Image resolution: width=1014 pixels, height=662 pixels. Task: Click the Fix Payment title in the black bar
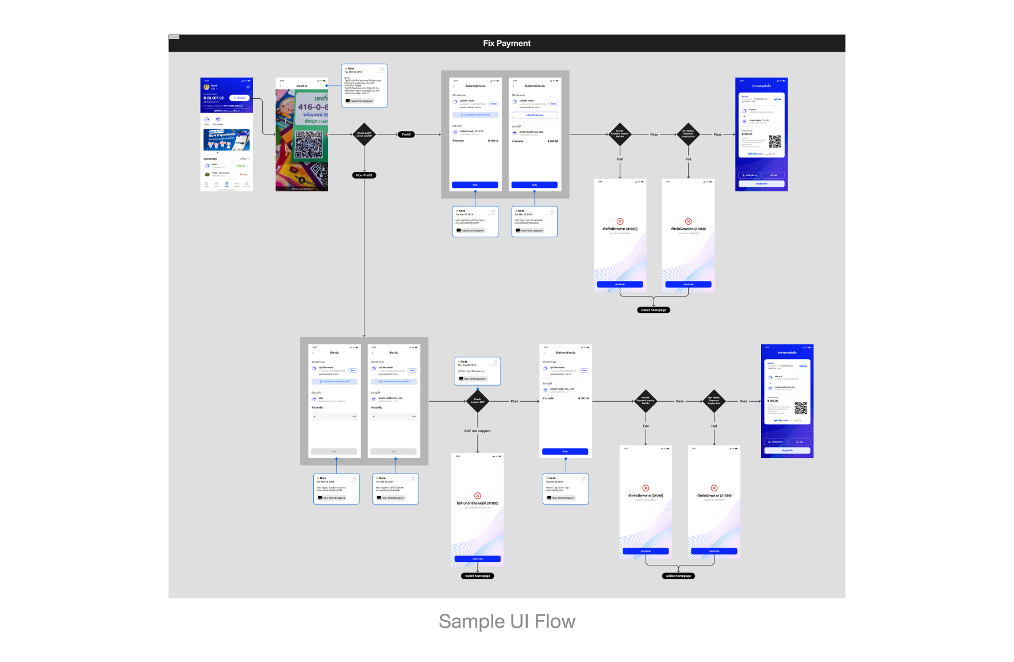click(506, 43)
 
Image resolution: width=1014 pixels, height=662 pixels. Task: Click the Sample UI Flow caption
click(506, 621)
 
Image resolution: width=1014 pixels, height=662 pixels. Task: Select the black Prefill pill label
click(406, 134)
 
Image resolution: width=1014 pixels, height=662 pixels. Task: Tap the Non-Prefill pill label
click(364, 175)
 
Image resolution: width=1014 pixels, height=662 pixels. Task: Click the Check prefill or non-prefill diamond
click(364, 134)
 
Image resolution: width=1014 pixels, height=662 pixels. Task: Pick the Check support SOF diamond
click(477, 401)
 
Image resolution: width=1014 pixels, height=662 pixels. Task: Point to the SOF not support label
click(477, 431)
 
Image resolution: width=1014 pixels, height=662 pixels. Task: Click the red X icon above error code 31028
click(477, 495)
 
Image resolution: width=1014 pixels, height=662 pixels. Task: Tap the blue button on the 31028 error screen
click(477, 559)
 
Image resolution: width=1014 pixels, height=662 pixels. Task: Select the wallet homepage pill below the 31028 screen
click(477, 576)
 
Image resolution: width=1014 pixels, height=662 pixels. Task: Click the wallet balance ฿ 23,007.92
click(214, 98)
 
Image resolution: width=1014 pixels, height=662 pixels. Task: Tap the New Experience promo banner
click(226, 140)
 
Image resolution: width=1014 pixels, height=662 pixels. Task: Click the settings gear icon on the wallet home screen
click(248, 87)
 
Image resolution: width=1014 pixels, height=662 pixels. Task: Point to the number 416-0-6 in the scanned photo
click(313, 107)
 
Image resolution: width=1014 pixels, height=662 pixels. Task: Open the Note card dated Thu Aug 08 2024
click(477, 371)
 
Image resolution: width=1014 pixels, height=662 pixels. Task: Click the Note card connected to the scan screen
click(364, 85)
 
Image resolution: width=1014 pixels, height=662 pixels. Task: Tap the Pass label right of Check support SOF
click(514, 401)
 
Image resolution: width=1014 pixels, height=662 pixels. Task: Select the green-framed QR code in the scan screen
click(309, 144)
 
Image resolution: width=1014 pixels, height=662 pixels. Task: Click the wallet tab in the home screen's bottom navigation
click(226, 184)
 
